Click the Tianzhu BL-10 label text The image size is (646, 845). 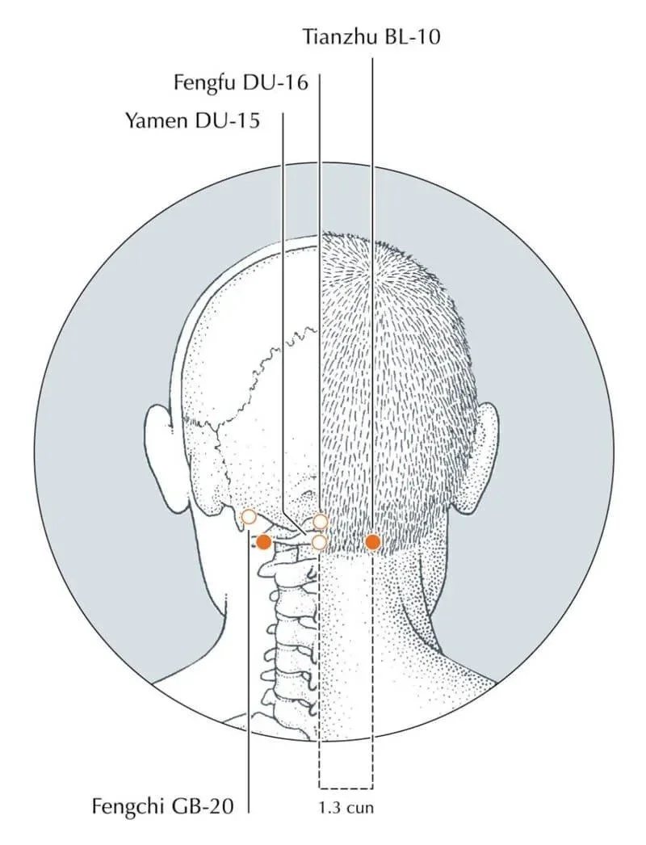[x=371, y=36]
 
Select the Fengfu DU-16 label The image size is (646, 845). [x=241, y=82]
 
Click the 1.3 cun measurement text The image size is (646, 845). [x=346, y=806]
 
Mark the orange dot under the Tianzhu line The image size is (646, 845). [x=372, y=542]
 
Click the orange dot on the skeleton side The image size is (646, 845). [x=264, y=542]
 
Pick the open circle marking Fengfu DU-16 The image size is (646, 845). [x=321, y=522]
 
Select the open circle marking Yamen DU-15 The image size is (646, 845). [x=319, y=541]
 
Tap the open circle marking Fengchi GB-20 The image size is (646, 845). [x=249, y=516]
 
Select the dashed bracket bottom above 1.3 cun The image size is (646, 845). [x=346, y=788]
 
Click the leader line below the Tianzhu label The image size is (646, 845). [x=372, y=242]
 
